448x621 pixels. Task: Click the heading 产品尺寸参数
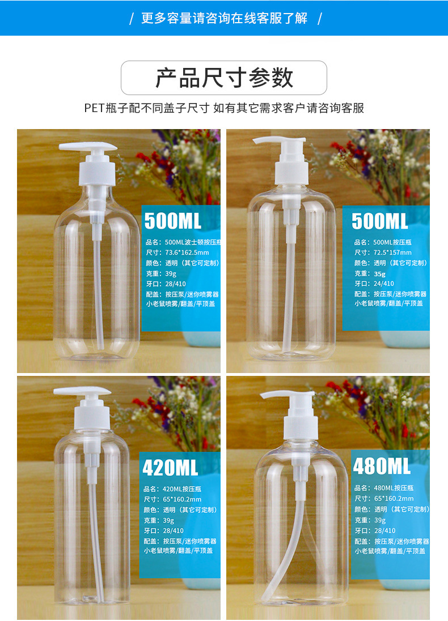224,78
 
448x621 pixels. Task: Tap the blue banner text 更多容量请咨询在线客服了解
224,18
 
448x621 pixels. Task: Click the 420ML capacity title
170,468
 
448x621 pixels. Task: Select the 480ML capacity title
381,466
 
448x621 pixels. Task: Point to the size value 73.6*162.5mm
187,252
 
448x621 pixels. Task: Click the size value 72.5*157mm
392,252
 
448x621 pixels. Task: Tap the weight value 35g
379,273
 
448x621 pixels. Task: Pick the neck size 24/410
384,284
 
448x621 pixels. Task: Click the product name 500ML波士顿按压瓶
193,242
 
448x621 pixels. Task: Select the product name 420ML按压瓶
181,489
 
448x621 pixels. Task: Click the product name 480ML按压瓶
394,488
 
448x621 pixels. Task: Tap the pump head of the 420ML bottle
82,391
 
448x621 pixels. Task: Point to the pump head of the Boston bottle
88,147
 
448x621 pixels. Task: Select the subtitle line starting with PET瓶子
224,108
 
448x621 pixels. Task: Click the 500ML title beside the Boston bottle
172,221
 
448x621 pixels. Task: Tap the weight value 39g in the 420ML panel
168,520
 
